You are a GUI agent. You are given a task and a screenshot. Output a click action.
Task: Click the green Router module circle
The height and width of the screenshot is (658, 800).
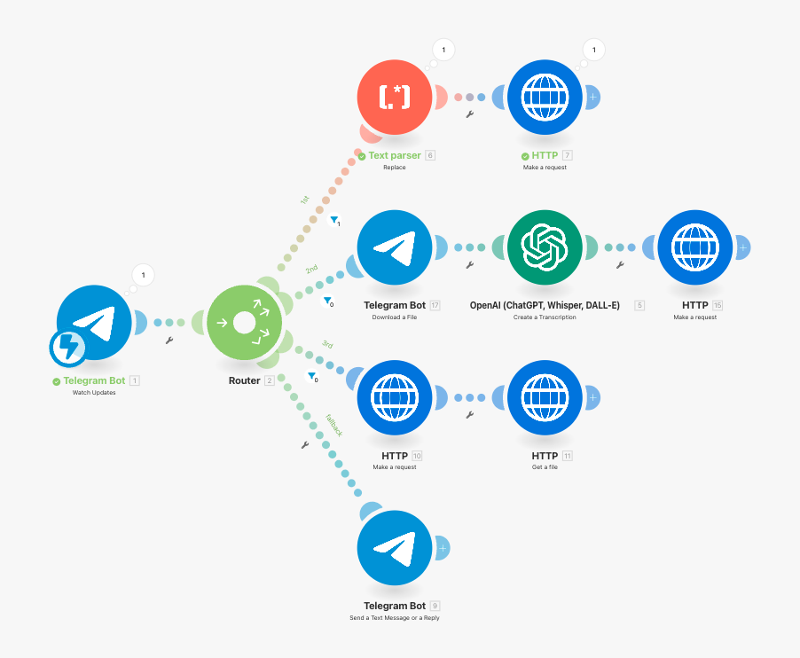pos(245,323)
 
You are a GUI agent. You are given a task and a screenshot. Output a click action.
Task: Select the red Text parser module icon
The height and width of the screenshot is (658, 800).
pos(395,98)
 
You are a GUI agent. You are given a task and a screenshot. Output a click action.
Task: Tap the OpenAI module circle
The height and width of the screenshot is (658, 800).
pos(545,247)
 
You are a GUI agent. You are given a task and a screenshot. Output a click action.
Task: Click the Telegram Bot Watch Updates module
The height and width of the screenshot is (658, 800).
pos(94,323)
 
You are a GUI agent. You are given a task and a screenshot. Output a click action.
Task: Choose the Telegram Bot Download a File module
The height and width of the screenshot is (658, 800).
pos(395,247)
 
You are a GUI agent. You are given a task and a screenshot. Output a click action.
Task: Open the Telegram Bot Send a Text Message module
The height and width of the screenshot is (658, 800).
pos(395,548)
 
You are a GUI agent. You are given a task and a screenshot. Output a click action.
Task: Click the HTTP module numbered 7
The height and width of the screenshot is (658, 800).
pos(545,98)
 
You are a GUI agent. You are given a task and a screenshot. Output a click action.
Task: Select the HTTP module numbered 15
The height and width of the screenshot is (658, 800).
pos(694,247)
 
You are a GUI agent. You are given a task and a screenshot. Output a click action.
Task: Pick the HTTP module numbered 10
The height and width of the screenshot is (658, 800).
pos(395,398)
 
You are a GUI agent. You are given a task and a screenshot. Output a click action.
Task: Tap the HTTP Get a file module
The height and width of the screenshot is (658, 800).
pos(545,398)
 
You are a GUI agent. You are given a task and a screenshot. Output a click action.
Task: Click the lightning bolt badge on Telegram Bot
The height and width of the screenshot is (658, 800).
pos(68,348)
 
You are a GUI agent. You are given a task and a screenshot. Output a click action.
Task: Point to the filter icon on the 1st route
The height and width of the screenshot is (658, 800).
pos(334,220)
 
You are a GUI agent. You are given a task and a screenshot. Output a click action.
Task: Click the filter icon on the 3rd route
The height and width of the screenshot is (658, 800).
pos(312,376)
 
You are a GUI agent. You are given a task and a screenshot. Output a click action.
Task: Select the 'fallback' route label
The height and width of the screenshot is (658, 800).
pos(334,425)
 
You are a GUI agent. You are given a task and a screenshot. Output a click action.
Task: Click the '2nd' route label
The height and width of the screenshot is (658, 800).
pos(311,269)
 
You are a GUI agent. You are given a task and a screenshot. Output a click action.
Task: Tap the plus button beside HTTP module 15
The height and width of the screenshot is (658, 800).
pos(743,247)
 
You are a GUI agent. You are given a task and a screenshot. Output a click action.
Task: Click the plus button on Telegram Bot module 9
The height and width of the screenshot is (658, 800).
pos(443,548)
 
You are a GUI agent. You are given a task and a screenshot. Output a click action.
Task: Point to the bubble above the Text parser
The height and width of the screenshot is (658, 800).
pos(443,50)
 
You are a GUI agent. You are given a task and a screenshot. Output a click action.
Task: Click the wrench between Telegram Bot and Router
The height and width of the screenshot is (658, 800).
pos(169,341)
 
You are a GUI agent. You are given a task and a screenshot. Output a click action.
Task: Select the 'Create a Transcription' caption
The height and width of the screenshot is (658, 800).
pos(545,317)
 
